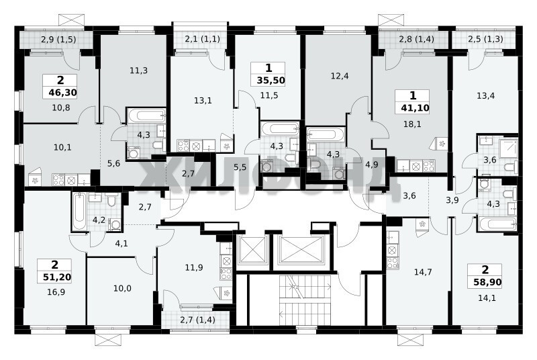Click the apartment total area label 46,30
[x=62, y=93]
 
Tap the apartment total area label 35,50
[x=271, y=81]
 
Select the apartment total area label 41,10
[x=415, y=108]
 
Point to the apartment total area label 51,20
[x=57, y=277]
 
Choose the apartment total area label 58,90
[x=488, y=282]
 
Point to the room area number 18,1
[x=413, y=124]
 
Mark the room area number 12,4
[x=340, y=76]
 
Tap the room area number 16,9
[x=56, y=292]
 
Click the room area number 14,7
[x=423, y=272]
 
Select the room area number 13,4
[x=485, y=95]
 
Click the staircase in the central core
[x=305, y=300]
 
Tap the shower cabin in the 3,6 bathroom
[x=508, y=148]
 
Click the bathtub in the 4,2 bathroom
[x=79, y=211]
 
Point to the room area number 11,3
[x=139, y=71]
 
